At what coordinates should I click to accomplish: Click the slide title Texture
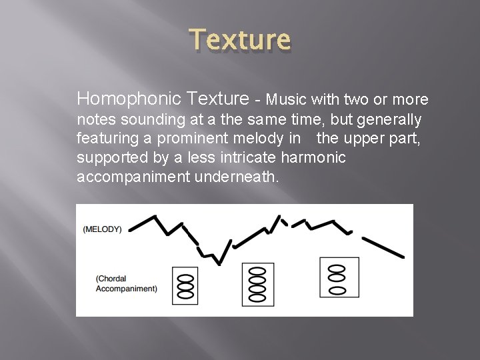(x=241, y=41)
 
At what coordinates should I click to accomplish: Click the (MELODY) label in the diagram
(x=102, y=229)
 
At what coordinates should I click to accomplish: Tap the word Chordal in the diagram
(x=111, y=279)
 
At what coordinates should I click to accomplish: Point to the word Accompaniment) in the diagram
(x=127, y=289)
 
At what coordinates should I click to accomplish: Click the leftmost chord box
(x=186, y=285)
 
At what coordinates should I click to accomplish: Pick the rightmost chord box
(x=339, y=277)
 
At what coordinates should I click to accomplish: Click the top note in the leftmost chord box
(x=186, y=275)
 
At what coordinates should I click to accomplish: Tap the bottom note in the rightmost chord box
(x=339, y=290)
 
